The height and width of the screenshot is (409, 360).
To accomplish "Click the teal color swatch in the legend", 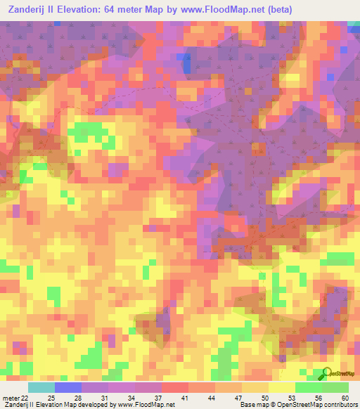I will point(41,388).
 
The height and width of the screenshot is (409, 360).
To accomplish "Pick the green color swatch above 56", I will point(309,388).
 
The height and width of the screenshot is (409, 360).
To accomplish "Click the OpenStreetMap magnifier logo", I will point(326,373).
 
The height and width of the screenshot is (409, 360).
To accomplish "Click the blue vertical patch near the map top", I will point(186,62).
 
